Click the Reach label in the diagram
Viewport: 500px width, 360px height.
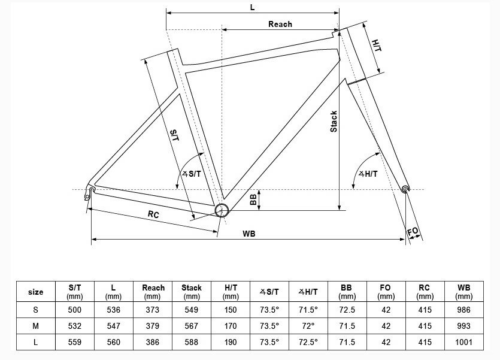pyautogui.click(x=280, y=24)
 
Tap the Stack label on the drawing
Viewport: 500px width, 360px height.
pyautogui.click(x=334, y=122)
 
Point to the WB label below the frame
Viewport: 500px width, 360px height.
pyautogui.click(x=249, y=234)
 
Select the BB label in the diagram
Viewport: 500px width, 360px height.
pyautogui.click(x=254, y=199)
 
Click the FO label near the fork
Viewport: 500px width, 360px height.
pyautogui.click(x=413, y=231)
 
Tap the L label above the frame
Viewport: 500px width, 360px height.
pyautogui.click(x=252, y=7)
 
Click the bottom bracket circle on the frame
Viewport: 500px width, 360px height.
pyautogui.click(x=222, y=210)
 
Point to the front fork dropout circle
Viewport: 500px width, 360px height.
pyautogui.click(x=406, y=189)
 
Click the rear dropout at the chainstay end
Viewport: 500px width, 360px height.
pyautogui.click(x=90, y=191)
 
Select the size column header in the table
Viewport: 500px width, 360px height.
pyautogui.click(x=36, y=292)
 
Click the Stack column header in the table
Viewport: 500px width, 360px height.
pyautogui.click(x=192, y=292)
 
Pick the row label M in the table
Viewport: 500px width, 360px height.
pyautogui.click(x=36, y=326)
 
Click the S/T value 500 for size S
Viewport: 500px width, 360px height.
pyautogui.click(x=75, y=310)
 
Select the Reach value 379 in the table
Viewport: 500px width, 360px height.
pyautogui.click(x=153, y=326)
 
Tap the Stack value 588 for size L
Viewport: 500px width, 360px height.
pyautogui.click(x=192, y=342)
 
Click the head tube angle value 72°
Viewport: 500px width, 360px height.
pyautogui.click(x=308, y=326)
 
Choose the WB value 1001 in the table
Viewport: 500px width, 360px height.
pyautogui.click(x=463, y=342)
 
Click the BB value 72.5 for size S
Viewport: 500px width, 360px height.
pyautogui.click(x=347, y=310)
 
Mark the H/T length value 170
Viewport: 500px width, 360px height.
pyautogui.click(x=231, y=326)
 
